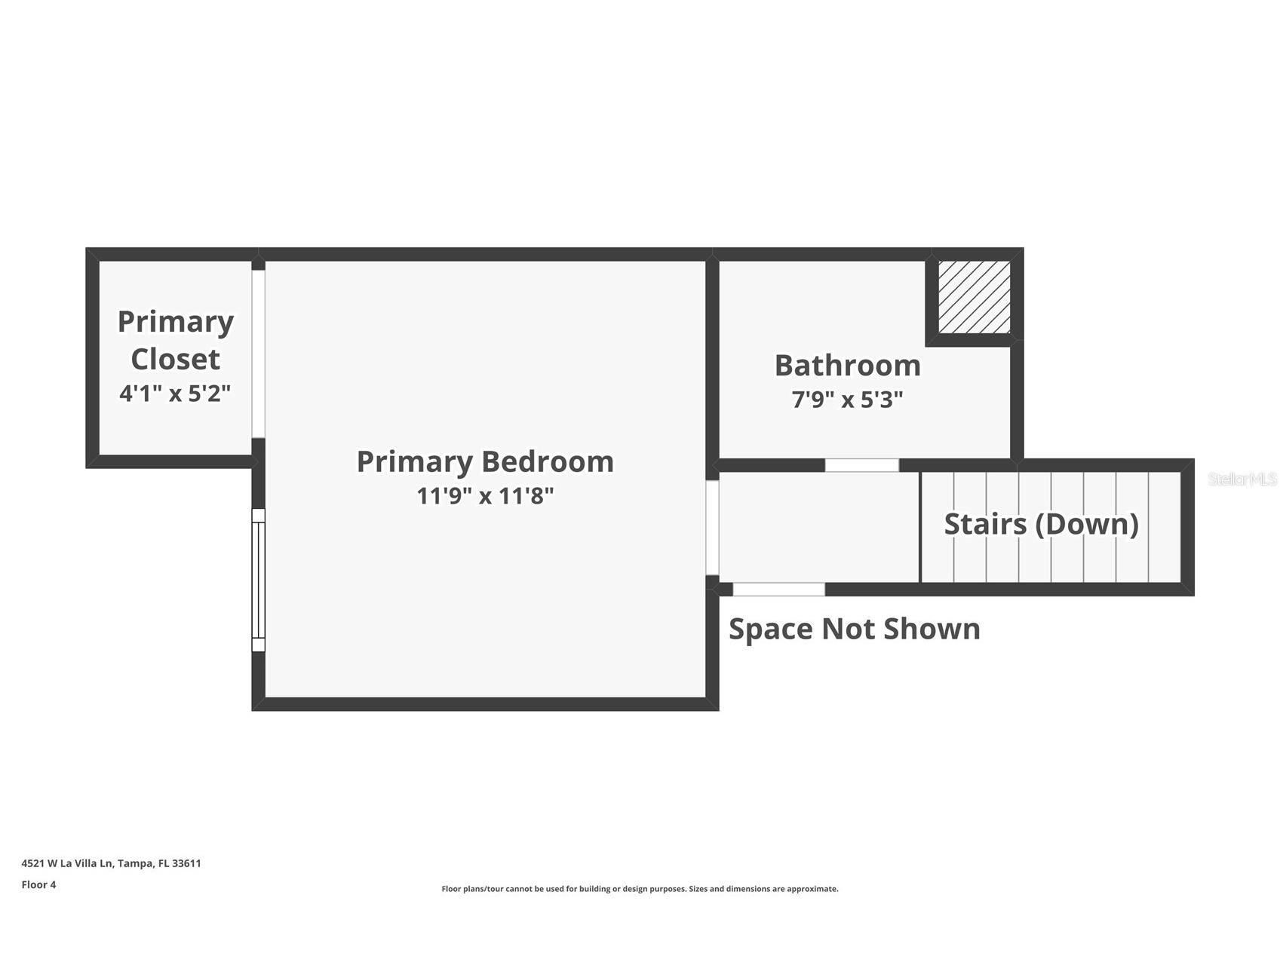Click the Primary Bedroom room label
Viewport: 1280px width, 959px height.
point(485,461)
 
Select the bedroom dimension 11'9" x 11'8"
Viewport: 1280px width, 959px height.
point(485,496)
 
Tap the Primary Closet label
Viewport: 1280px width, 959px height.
point(175,340)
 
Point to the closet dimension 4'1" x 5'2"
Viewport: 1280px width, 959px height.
point(175,393)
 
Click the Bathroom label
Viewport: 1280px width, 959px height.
point(848,365)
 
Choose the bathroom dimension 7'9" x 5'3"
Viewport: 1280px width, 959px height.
point(848,399)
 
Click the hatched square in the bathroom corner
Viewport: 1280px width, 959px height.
point(974,297)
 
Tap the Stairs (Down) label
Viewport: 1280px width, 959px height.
point(1042,524)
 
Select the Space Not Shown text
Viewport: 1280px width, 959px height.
point(855,629)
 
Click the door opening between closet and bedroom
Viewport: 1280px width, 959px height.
point(258,354)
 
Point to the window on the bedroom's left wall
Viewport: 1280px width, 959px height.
point(258,580)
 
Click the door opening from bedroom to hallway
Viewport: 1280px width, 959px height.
point(712,528)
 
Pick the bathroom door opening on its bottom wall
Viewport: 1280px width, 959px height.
point(861,465)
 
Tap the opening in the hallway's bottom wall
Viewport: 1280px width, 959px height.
point(778,590)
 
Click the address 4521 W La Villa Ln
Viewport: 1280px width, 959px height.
point(68,863)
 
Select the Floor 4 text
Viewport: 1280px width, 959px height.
point(38,884)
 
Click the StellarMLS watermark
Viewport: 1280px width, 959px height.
point(1242,479)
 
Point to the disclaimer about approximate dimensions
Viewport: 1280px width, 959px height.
point(640,889)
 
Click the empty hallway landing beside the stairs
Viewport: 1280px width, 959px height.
point(819,527)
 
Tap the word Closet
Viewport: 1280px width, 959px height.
point(175,359)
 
